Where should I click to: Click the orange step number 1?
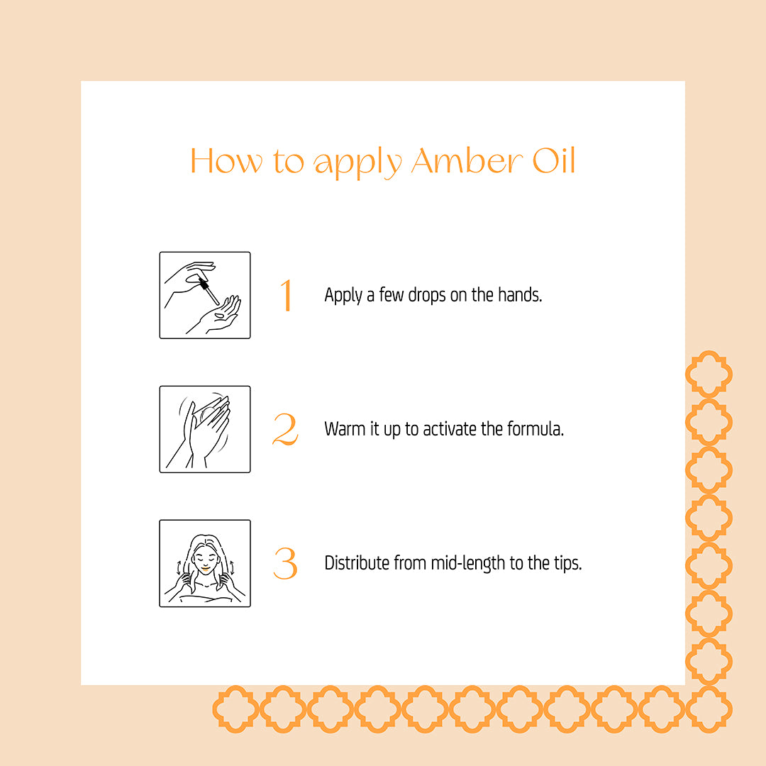pyautogui.click(x=286, y=296)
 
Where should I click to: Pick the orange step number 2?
pyautogui.click(x=285, y=430)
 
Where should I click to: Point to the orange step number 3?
pyautogui.click(x=285, y=564)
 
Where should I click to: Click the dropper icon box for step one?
pyautogui.click(x=205, y=295)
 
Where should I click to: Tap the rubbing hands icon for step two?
pyautogui.click(x=205, y=429)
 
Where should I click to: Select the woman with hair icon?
pyautogui.click(x=205, y=563)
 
